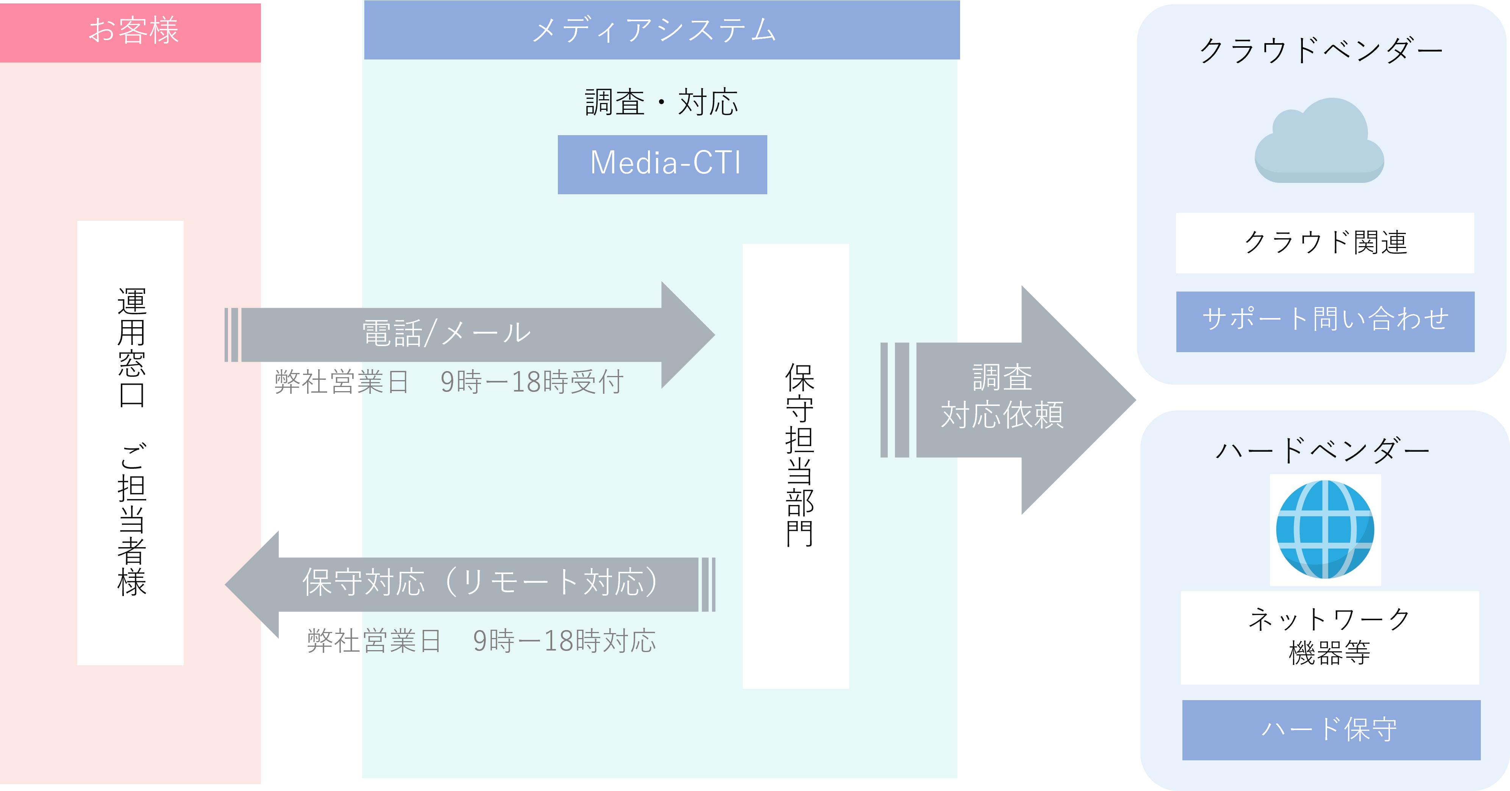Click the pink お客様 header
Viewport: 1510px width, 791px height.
(x=130, y=32)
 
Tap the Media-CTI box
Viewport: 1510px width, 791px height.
(x=662, y=164)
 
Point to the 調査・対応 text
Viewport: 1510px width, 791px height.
(x=661, y=103)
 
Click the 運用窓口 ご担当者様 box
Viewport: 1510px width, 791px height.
(x=130, y=442)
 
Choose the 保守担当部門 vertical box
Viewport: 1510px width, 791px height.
(x=795, y=466)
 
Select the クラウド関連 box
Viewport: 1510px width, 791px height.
(x=1325, y=243)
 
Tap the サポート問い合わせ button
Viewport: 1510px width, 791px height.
(x=1325, y=321)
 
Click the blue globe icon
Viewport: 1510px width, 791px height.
(x=1325, y=529)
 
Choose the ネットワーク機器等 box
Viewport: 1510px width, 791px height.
(x=1329, y=637)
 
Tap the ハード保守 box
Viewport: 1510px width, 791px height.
(x=1330, y=730)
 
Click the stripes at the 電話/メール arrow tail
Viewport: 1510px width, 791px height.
(x=232, y=335)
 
